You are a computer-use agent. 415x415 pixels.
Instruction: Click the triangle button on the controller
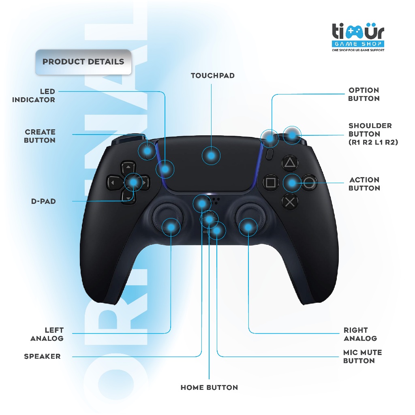click(x=290, y=163)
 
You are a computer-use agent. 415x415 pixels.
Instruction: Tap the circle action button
click(x=309, y=183)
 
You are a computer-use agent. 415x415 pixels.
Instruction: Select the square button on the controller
click(x=270, y=182)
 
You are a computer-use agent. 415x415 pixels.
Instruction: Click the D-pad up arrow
click(x=128, y=167)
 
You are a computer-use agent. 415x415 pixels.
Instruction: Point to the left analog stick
click(x=167, y=217)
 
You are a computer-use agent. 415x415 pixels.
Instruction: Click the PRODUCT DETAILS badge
click(x=83, y=62)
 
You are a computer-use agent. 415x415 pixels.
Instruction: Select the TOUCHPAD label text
click(x=213, y=76)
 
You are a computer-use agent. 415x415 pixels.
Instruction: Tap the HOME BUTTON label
click(x=209, y=388)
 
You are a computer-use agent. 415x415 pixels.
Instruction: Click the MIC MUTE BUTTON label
click(x=362, y=357)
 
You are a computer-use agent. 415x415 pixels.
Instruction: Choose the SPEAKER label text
click(x=42, y=357)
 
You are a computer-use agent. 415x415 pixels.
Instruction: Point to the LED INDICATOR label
click(x=34, y=96)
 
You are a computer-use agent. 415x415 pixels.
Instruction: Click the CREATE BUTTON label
click(x=40, y=136)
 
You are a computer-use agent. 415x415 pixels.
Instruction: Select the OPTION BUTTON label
click(x=364, y=94)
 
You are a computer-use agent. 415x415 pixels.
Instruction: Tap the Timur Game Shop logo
click(x=358, y=38)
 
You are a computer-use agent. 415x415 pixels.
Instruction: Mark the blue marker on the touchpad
click(x=211, y=155)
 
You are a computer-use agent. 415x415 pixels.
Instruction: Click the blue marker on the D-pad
click(x=133, y=182)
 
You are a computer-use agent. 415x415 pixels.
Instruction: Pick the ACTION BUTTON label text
click(x=364, y=184)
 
